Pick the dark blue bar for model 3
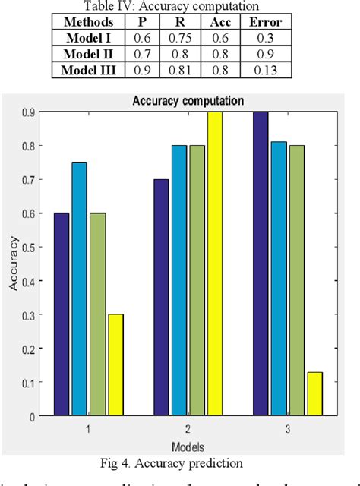pyautogui.click(x=260, y=264)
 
